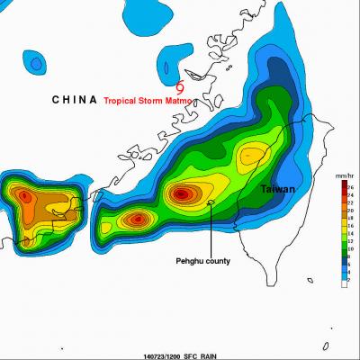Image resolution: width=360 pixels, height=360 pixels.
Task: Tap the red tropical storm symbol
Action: tap(182, 88)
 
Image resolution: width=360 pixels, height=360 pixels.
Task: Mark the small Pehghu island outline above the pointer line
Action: tap(211, 202)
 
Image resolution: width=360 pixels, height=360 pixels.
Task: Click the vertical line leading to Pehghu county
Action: tap(211, 229)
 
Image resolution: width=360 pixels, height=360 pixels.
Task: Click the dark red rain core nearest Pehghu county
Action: tap(183, 193)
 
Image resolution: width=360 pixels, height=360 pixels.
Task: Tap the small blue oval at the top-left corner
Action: tap(35, 64)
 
